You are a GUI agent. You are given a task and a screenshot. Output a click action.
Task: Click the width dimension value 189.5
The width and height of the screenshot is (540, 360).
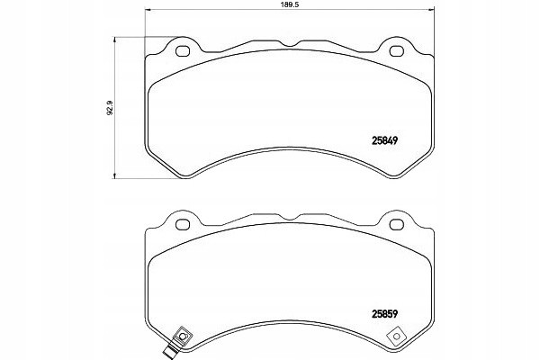(x=289, y=4)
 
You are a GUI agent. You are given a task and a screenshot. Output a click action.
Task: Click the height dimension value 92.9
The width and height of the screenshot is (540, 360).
(x=110, y=107)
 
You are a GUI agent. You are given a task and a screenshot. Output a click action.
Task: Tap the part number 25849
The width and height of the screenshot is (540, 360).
(x=384, y=140)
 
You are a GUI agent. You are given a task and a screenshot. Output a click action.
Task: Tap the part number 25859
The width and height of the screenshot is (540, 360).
(x=384, y=314)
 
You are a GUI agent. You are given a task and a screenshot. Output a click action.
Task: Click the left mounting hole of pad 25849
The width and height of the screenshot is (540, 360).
(x=183, y=51)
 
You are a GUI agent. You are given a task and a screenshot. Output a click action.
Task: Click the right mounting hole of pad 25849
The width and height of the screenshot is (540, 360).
(x=396, y=51)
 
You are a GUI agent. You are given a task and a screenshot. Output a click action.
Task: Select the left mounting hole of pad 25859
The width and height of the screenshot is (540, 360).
(x=183, y=225)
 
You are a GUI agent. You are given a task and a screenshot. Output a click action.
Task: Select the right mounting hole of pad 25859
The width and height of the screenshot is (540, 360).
(x=396, y=225)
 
